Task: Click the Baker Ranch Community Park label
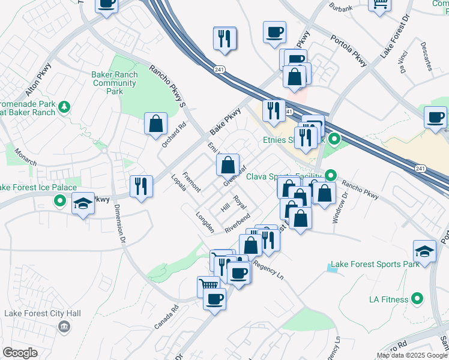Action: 115,83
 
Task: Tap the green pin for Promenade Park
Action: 65,107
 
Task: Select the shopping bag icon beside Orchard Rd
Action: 155,124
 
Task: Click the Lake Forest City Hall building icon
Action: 64,326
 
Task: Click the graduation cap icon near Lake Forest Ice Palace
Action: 83,203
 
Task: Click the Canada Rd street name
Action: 166,318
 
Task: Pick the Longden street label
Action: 205,221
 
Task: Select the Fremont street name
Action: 191,182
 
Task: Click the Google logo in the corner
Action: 20,352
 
